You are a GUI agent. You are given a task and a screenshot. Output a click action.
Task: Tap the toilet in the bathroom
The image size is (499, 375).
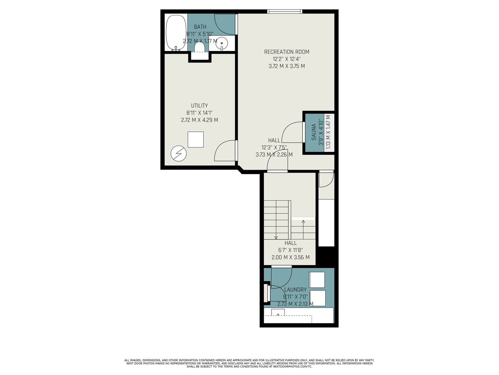point(200,47)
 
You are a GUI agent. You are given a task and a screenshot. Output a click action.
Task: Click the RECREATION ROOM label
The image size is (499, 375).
point(287,52)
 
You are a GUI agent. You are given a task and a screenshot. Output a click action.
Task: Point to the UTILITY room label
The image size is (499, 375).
point(199,106)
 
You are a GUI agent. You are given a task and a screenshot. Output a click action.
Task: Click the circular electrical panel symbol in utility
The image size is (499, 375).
point(179,153)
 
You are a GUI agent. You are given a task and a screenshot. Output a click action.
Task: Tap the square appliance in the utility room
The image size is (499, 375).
point(196,139)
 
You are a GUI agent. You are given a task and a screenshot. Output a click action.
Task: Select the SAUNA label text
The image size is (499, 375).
point(314,132)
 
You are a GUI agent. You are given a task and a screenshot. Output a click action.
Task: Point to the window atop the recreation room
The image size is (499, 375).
point(285,11)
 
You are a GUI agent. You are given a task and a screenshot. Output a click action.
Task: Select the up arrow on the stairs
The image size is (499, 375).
point(303,229)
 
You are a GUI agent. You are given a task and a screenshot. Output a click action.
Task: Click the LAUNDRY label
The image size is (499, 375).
point(296,290)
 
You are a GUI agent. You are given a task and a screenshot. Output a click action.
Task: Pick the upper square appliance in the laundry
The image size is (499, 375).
point(317,280)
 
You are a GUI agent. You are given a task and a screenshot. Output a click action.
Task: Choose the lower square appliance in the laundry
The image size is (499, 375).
point(317,298)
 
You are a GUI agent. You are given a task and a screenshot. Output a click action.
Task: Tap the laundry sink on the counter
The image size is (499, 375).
point(278,312)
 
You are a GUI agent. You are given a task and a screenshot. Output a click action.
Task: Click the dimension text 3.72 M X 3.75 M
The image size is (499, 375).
point(287,66)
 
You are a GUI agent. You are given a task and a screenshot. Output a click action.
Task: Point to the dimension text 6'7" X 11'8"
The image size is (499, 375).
point(291,250)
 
